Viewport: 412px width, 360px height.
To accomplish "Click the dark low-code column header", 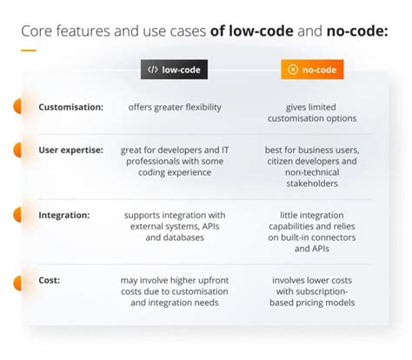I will [x=174, y=70].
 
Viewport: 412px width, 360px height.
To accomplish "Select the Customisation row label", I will [x=71, y=107].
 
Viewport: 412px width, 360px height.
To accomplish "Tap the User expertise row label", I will [x=73, y=150].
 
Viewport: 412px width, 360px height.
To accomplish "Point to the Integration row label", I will [x=66, y=213].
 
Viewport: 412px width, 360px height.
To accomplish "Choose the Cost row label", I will [x=50, y=281].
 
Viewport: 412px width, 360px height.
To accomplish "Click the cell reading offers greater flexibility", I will [x=173, y=107].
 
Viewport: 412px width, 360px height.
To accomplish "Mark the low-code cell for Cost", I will [x=174, y=291].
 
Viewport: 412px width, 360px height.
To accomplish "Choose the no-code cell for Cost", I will [x=312, y=291].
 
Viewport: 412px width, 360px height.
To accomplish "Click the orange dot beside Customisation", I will [x=17, y=107].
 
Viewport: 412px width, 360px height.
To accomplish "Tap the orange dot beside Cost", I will [x=17, y=282].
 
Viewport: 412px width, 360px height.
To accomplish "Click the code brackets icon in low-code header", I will [x=153, y=70].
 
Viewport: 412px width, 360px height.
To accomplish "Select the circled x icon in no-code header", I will [x=293, y=70].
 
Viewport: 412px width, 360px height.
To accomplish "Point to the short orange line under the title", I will [x=28, y=50].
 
